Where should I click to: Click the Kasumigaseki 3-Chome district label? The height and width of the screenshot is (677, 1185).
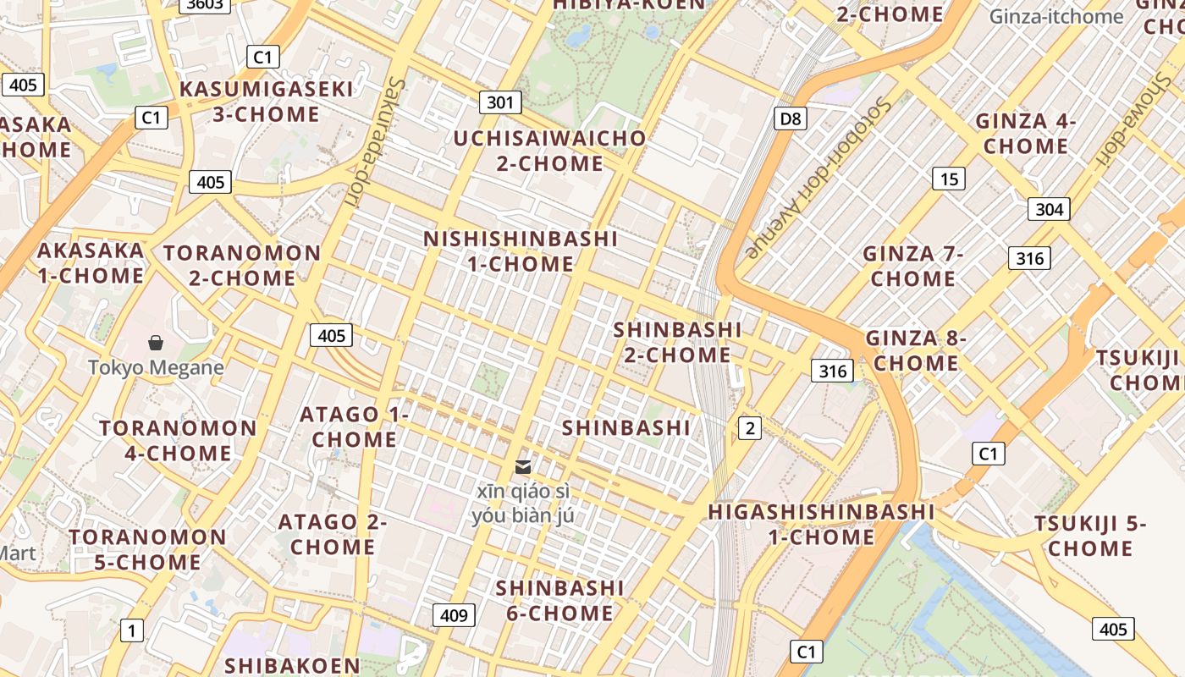click(x=266, y=102)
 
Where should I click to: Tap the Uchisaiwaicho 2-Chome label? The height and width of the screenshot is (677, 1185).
click(x=549, y=150)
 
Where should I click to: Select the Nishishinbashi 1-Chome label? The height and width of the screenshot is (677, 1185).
click(x=521, y=250)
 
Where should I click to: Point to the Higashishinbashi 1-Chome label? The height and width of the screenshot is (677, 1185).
click(x=821, y=524)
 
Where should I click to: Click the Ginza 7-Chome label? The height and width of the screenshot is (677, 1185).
click(x=913, y=266)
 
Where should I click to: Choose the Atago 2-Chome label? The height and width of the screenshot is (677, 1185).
click(x=332, y=534)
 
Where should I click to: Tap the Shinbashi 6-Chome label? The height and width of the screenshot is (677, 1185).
click(x=559, y=600)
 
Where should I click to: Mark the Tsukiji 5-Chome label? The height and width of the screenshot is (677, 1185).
click(x=1090, y=536)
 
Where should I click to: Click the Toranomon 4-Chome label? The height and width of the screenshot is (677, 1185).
click(x=178, y=440)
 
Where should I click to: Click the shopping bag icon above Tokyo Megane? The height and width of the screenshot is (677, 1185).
click(x=156, y=343)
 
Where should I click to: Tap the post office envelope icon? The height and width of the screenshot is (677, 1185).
click(x=523, y=466)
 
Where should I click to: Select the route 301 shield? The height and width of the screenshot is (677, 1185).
click(x=500, y=103)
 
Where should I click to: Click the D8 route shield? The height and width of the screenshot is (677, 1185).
click(x=790, y=118)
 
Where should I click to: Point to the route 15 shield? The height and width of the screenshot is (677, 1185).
click(x=949, y=179)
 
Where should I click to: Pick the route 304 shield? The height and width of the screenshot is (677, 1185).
click(x=1049, y=209)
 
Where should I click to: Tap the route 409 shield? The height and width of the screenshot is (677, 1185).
click(x=454, y=615)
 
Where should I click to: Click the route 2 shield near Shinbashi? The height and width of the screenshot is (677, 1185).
click(x=749, y=428)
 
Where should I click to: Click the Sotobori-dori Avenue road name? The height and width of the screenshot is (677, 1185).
click(x=818, y=179)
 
